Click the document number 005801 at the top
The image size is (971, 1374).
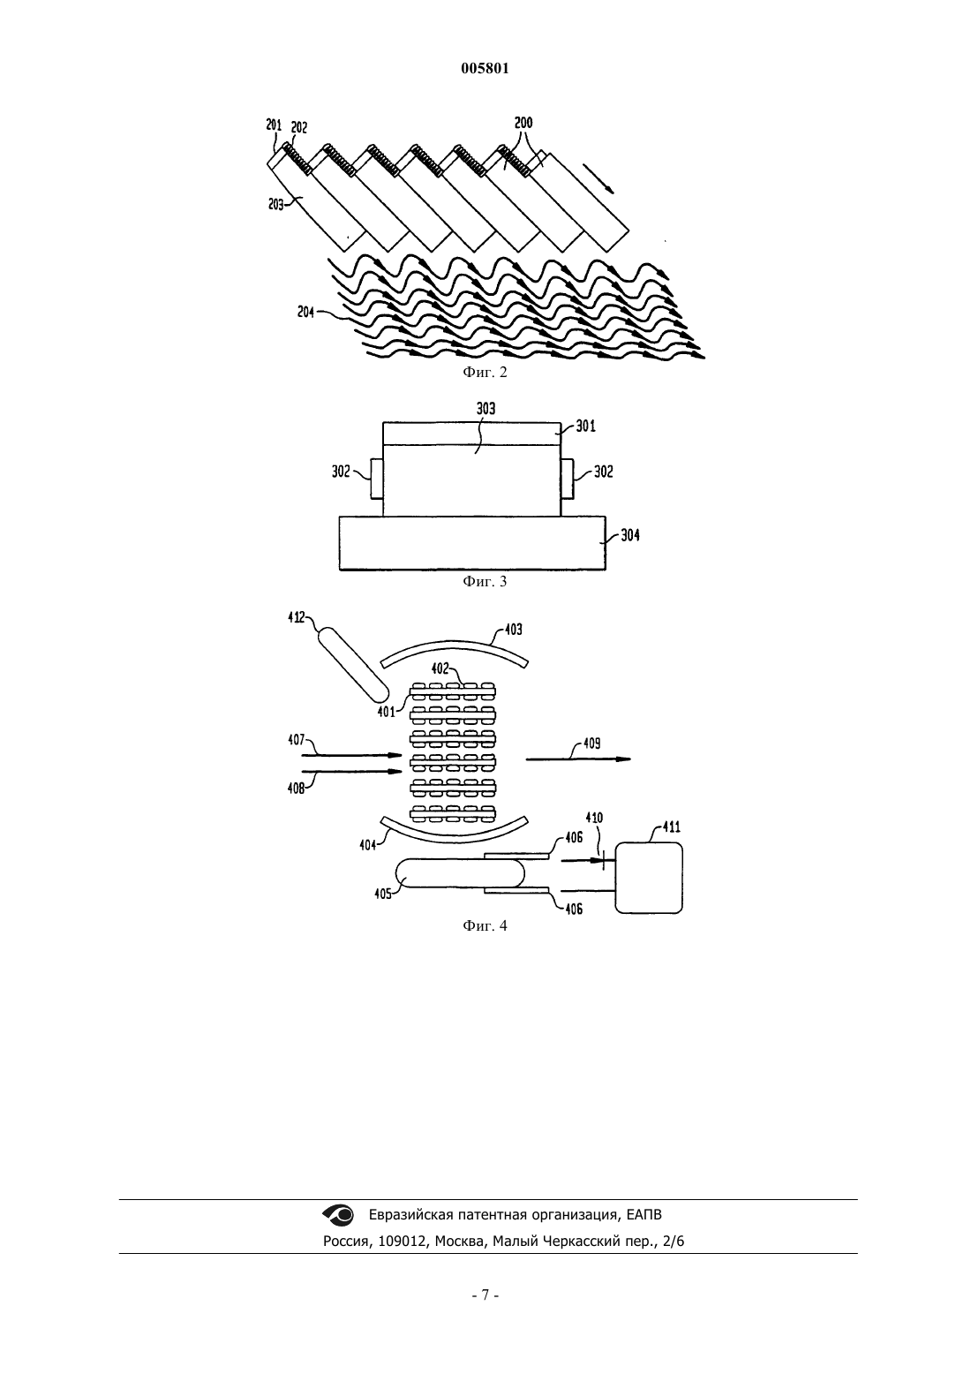(x=485, y=69)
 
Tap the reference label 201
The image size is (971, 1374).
(x=274, y=125)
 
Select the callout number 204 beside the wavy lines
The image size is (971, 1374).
(x=306, y=313)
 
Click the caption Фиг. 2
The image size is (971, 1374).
(x=485, y=372)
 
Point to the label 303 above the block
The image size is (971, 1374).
(x=486, y=409)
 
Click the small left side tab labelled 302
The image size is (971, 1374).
(x=376, y=479)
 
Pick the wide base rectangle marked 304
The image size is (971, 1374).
(x=472, y=543)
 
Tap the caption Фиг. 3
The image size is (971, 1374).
(x=485, y=581)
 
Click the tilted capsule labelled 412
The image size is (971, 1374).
(x=353, y=664)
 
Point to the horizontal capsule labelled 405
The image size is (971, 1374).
(x=461, y=872)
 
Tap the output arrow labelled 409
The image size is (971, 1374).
(x=578, y=759)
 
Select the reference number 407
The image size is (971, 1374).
(x=297, y=740)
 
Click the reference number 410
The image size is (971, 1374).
(x=594, y=818)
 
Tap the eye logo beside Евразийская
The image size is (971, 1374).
(x=338, y=1214)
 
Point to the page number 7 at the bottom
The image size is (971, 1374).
(x=485, y=1295)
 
